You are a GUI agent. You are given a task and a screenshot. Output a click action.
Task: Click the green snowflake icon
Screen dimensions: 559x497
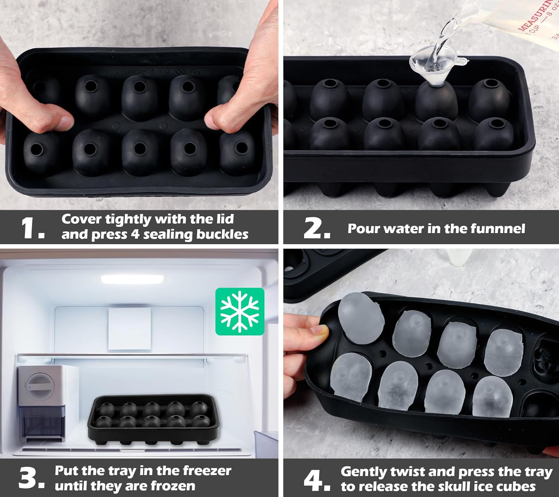click(x=240, y=311)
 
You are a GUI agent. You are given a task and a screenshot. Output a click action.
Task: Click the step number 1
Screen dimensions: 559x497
click(x=32, y=228)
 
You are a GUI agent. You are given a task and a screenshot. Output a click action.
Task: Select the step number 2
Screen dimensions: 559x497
click(x=317, y=228)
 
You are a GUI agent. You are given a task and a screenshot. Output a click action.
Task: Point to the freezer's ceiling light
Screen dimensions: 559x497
click(x=132, y=279)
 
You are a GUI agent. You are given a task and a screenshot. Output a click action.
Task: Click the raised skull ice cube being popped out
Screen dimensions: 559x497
click(x=361, y=318)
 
